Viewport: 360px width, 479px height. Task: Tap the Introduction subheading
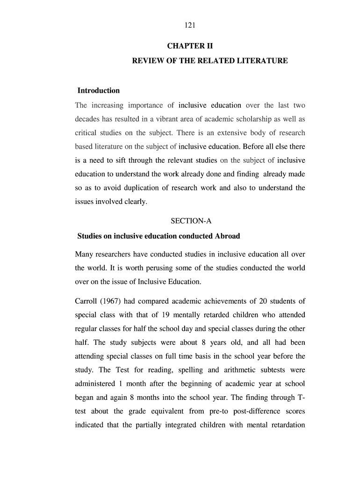pyautogui.click(x=99, y=91)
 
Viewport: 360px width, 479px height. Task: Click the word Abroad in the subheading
pyautogui.click(x=226, y=236)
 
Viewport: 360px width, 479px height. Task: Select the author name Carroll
pyautogui.click(x=86, y=301)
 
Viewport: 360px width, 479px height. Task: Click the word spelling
pyautogui.click(x=175, y=370)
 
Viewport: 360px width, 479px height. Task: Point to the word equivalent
pyautogui.click(x=165, y=412)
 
